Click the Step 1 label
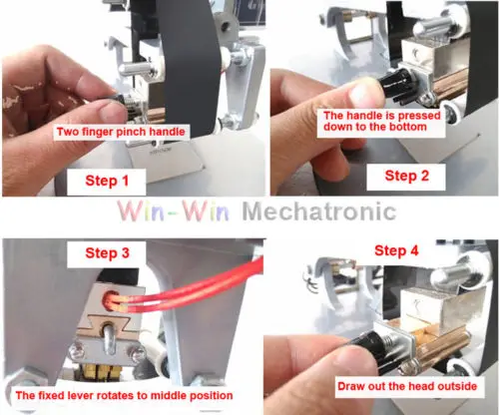(107, 181)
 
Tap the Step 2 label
(407, 176)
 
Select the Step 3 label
(107, 253)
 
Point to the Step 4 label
(396, 250)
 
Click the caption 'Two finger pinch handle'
(121, 132)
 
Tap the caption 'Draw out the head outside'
(407, 386)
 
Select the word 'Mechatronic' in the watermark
(319, 211)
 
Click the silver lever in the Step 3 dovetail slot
(108, 337)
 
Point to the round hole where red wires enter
(111, 299)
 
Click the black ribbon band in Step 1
(187, 67)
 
